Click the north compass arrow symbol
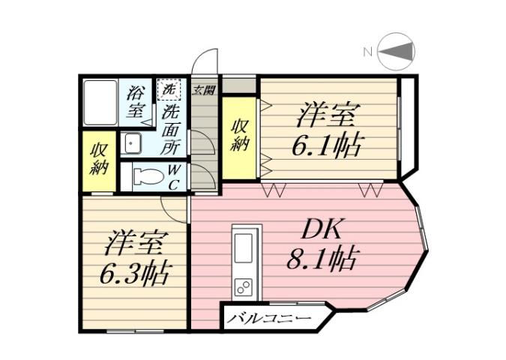(397, 52)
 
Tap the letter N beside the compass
(368, 52)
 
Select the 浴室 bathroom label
(136, 102)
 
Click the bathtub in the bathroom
(99, 102)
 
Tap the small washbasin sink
(133, 142)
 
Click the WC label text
(173, 177)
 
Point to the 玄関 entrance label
(202, 91)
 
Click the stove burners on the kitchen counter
(244, 286)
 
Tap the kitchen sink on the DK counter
(244, 248)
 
